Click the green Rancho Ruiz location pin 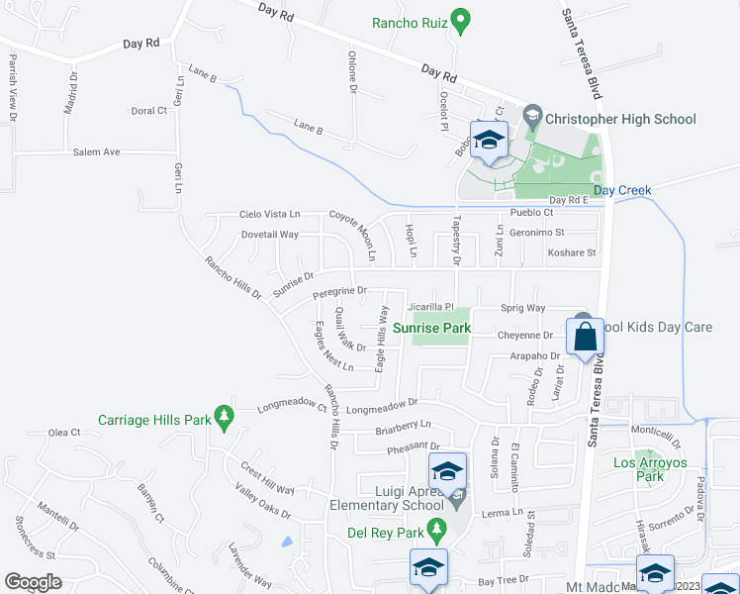(460, 20)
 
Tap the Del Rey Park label (383, 533)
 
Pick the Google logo (34, 581)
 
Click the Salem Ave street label (96, 152)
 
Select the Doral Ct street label (148, 111)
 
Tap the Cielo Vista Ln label (269, 214)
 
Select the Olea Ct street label (63, 433)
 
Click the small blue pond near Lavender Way (287, 542)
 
